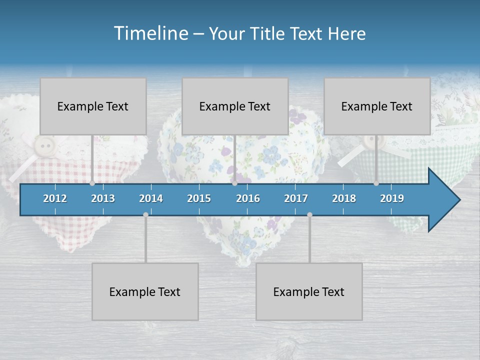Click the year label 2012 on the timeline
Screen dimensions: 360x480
(x=55, y=198)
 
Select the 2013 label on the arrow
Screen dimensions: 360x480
(x=103, y=198)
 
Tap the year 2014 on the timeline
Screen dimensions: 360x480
(x=151, y=198)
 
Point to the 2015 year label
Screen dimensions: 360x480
(x=199, y=198)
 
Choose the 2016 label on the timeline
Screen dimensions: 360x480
(x=248, y=198)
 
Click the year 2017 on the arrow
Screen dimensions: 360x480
(x=296, y=198)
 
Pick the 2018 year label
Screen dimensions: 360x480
(x=344, y=198)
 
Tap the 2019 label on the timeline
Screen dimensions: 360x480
(x=392, y=198)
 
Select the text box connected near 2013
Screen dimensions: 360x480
(x=93, y=106)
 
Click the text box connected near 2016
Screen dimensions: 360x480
(x=235, y=106)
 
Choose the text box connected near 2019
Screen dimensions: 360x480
(x=377, y=106)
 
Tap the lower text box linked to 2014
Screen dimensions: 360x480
(x=145, y=291)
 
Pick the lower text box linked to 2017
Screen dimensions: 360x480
(x=309, y=291)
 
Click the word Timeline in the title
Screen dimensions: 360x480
(x=150, y=33)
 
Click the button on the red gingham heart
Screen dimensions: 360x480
(x=46, y=146)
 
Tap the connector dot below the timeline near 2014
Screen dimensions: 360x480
(x=145, y=214)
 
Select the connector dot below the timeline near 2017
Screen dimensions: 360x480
(x=309, y=214)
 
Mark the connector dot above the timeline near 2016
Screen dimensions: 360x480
(x=234, y=183)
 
